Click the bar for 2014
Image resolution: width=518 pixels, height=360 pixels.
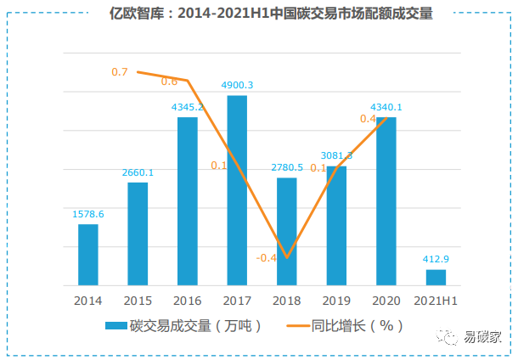click(x=87, y=255)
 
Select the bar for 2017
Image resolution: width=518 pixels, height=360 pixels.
click(x=237, y=190)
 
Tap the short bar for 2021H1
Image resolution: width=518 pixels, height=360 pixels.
click(x=436, y=278)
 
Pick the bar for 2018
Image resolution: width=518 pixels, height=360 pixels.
click(x=287, y=231)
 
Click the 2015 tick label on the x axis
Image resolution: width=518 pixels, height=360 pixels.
click(x=138, y=301)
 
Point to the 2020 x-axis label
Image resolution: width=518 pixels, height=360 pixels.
click(x=386, y=301)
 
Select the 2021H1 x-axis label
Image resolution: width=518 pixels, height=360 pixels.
click(x=436, y=301)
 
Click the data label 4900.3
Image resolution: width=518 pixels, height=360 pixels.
click(x=237, y=85)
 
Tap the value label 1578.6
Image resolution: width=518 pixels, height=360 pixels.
click(x=87, y=214)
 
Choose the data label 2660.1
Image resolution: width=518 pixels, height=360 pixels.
click(x=138, y=172)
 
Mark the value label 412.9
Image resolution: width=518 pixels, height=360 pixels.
click(x=436, y=259)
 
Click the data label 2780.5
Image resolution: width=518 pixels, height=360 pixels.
click(x=287, y=167)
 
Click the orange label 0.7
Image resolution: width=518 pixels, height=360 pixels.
click(x=120, y=72)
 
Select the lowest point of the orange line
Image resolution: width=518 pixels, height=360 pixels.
click(x=287, y=256)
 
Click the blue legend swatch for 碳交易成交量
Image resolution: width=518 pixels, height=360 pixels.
click(x=115, y=326)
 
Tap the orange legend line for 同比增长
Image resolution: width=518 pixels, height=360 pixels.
click(x=297, y=326)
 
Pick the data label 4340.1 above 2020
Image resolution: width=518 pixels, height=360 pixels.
click(x=386, y=107)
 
